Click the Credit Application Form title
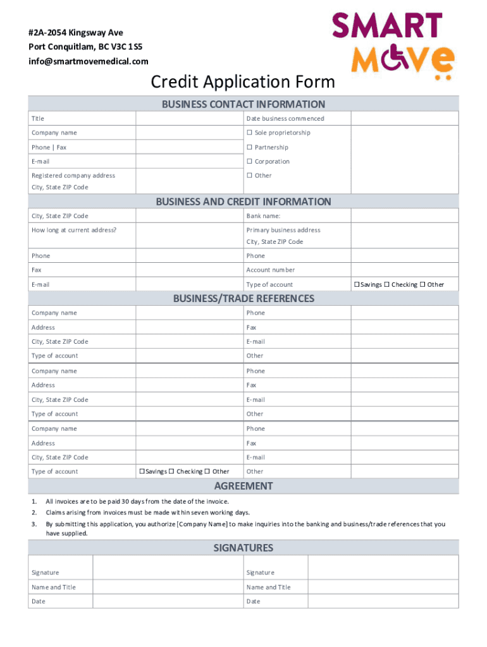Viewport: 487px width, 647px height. tap(243, 82)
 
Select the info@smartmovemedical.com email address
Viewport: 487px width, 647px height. tap(88, 61)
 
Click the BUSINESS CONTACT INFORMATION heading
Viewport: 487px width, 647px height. tap(243, 104)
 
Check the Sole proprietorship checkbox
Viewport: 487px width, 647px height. tap(249, 133)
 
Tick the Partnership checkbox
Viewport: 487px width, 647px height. tap(249, 147)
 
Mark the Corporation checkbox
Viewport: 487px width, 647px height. tap(249, 162)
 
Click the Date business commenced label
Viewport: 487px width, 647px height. tap(285, 119)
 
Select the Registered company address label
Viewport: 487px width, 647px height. tap(73, 176)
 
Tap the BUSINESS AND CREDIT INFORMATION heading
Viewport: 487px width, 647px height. tap(243, 202)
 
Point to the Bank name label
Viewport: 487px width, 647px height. tap(263, 216)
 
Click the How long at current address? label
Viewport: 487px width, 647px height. tap(74, 230)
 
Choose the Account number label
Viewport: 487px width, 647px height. tap(270, 270)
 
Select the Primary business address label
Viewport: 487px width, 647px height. tap(283, 230)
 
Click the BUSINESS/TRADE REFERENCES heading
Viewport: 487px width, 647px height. tap(243, 298)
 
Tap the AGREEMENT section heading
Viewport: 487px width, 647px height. tap(243, 486)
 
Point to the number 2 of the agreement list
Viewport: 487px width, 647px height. tap(34, 512)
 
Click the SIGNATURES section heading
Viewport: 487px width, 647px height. tap(243, 548)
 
